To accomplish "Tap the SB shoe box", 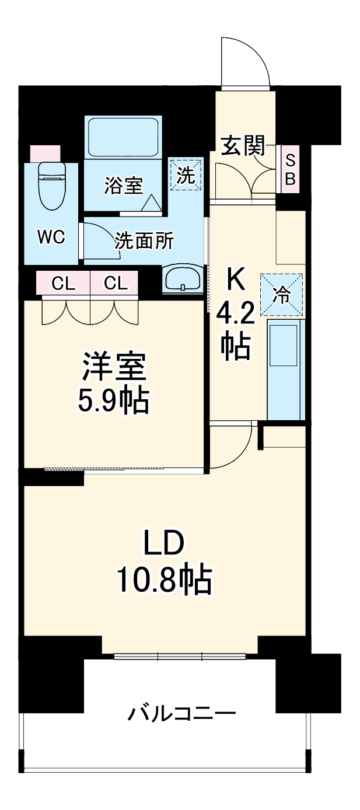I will tap(289, 169).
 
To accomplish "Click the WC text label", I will tap(51, 237).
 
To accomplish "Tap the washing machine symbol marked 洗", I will tap(186, 174).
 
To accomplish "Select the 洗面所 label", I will tap(144, 240).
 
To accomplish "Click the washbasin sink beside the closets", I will tap(183, 279).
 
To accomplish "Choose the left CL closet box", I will tap(63, 283).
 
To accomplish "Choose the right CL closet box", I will tap(115, 283).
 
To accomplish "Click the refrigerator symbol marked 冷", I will tap(282, 295).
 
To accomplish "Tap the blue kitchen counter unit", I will tap(286, 369).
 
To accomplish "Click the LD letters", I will tap(164, 544).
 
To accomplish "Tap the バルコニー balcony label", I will tap(182, 713).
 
